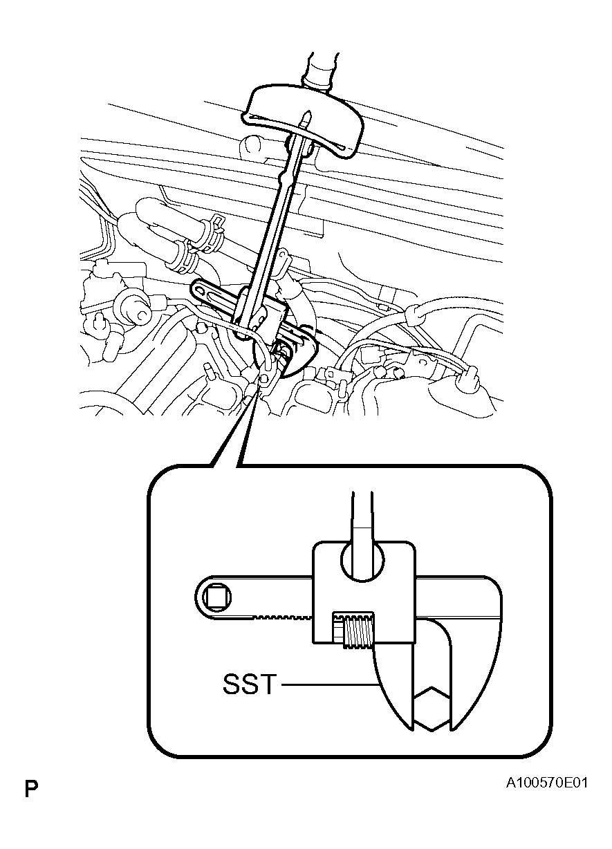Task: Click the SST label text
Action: tap(248, 686)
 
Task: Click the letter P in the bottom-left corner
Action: tap(30, 789)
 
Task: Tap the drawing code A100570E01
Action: tap(547, 784)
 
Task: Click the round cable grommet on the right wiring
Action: tap(414, 315)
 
